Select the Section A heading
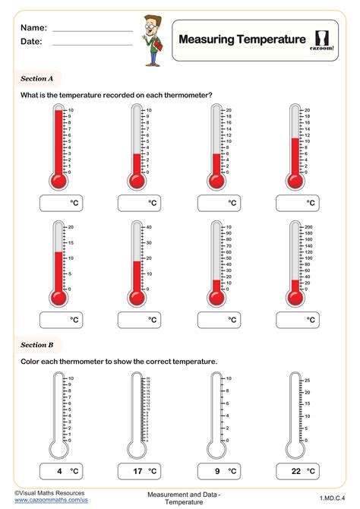(36, 77)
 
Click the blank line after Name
(93, 30)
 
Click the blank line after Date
(93, 45)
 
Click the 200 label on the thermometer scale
(308, 227)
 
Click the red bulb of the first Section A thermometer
(57, 181)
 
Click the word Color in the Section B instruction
(30, 361)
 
